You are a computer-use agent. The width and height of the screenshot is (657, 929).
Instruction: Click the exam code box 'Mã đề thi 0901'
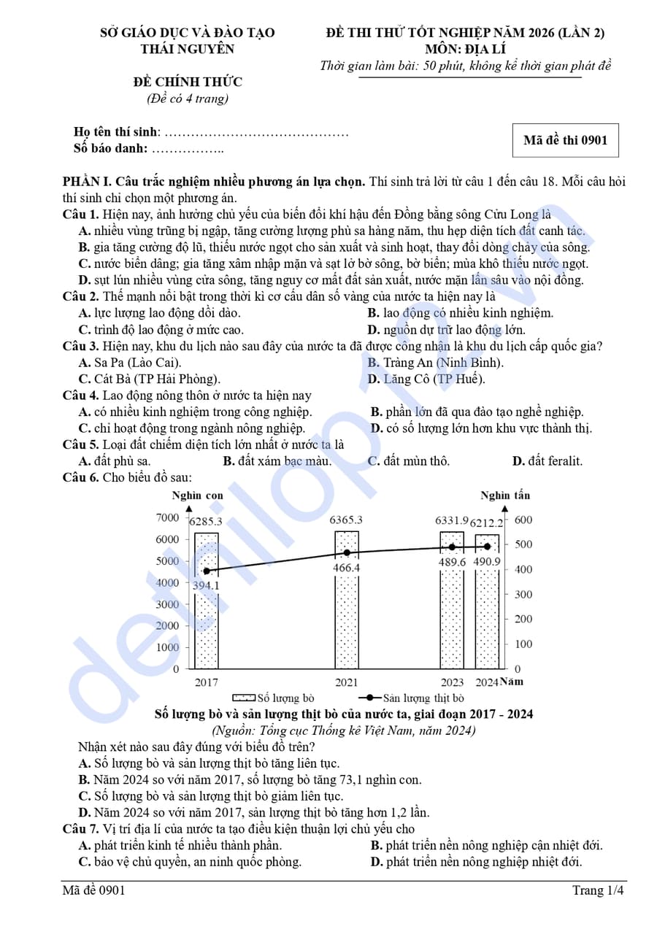(x=565, y=141)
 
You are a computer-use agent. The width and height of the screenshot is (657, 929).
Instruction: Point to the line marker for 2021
(x=347, y=552)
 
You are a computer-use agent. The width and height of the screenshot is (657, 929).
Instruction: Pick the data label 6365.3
(x=346, y=520)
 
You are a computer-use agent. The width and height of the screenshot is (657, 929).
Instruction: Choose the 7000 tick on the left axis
(x=167, y=517)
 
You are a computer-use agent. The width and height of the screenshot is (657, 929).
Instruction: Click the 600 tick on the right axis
(x=523, y=520)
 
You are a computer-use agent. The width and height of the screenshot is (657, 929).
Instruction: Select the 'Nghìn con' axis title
(x=197, y=496)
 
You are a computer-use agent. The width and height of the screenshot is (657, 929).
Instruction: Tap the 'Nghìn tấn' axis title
(x=505, y=496)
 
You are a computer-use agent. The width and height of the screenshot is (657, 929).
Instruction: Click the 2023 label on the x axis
(x=452, y=682)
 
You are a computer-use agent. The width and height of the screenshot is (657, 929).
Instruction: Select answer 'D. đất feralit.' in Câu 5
(x=547, y=461)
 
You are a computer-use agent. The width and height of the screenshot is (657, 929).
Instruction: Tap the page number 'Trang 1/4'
(x=598, y=890)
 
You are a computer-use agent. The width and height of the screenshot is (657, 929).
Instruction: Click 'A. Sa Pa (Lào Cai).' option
(x=130, y=363)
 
